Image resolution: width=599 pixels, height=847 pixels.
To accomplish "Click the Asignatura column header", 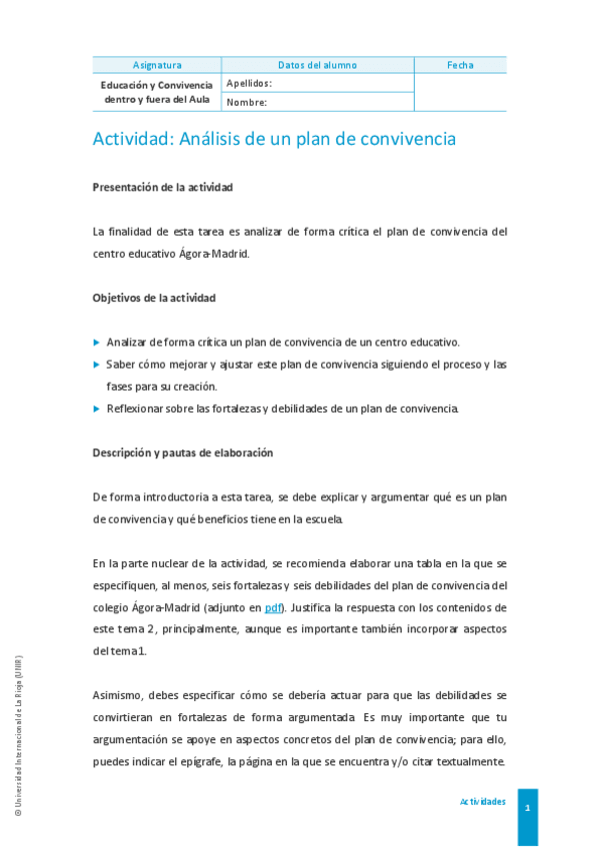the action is click(x=157, y=65).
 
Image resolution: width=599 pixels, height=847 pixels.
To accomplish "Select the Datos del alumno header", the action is click(x=317, y=65).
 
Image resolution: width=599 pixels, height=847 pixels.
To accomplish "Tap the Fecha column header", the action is click(x=460, y=65).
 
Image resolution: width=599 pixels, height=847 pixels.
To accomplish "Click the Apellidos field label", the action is click(x=249, y=84).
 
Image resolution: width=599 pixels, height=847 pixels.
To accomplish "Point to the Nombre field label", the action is click(x=246, y=102).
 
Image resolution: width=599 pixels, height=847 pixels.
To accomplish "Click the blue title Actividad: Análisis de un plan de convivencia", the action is click(x=274, y=139).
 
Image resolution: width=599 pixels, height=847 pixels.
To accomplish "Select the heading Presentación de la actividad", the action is click(x=163, y=187).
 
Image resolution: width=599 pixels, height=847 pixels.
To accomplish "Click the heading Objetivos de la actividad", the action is click(x=154, y=298).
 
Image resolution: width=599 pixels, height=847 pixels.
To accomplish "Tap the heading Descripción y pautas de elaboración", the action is click(x=183, y=452).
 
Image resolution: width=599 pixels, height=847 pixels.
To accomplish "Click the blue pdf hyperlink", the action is click(x=273, y=607).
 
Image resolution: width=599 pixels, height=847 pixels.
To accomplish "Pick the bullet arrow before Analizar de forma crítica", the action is click(x=97, y=342).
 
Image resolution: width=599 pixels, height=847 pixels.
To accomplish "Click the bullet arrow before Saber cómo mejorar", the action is click(x=97, y=364).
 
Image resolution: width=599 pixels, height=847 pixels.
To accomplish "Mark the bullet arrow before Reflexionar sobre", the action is click(x=97, y=408).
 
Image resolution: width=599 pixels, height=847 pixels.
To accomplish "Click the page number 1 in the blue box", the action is click(x=527, y=804).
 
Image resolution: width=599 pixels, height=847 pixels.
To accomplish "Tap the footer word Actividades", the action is click(x=482, y=802).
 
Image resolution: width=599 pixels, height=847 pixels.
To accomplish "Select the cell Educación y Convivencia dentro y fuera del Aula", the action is click(x=157, y=92).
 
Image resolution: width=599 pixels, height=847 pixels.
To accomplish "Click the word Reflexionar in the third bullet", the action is click(x=137, y=408).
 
